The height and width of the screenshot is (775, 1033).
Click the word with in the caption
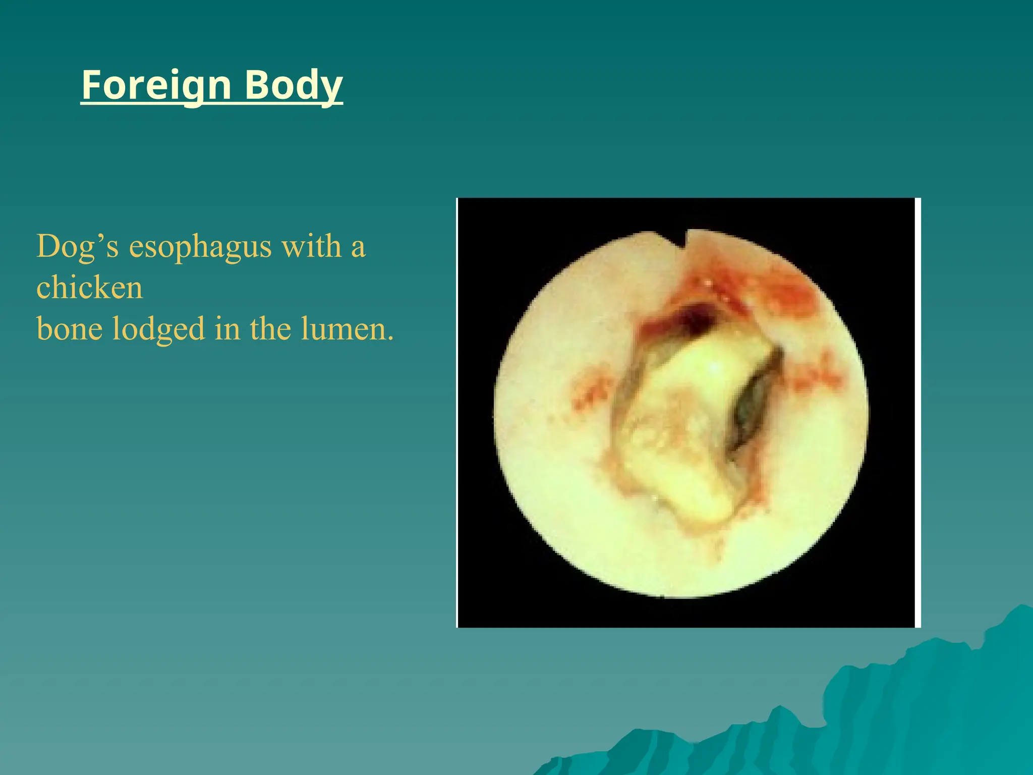point(311,247)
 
